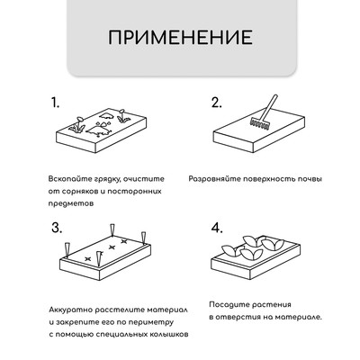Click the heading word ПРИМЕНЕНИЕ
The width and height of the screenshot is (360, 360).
point(179,40)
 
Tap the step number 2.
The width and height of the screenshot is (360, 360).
point(216,102)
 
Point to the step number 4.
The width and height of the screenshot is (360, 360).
point(216,228)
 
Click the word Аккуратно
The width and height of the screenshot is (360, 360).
point(73,307)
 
